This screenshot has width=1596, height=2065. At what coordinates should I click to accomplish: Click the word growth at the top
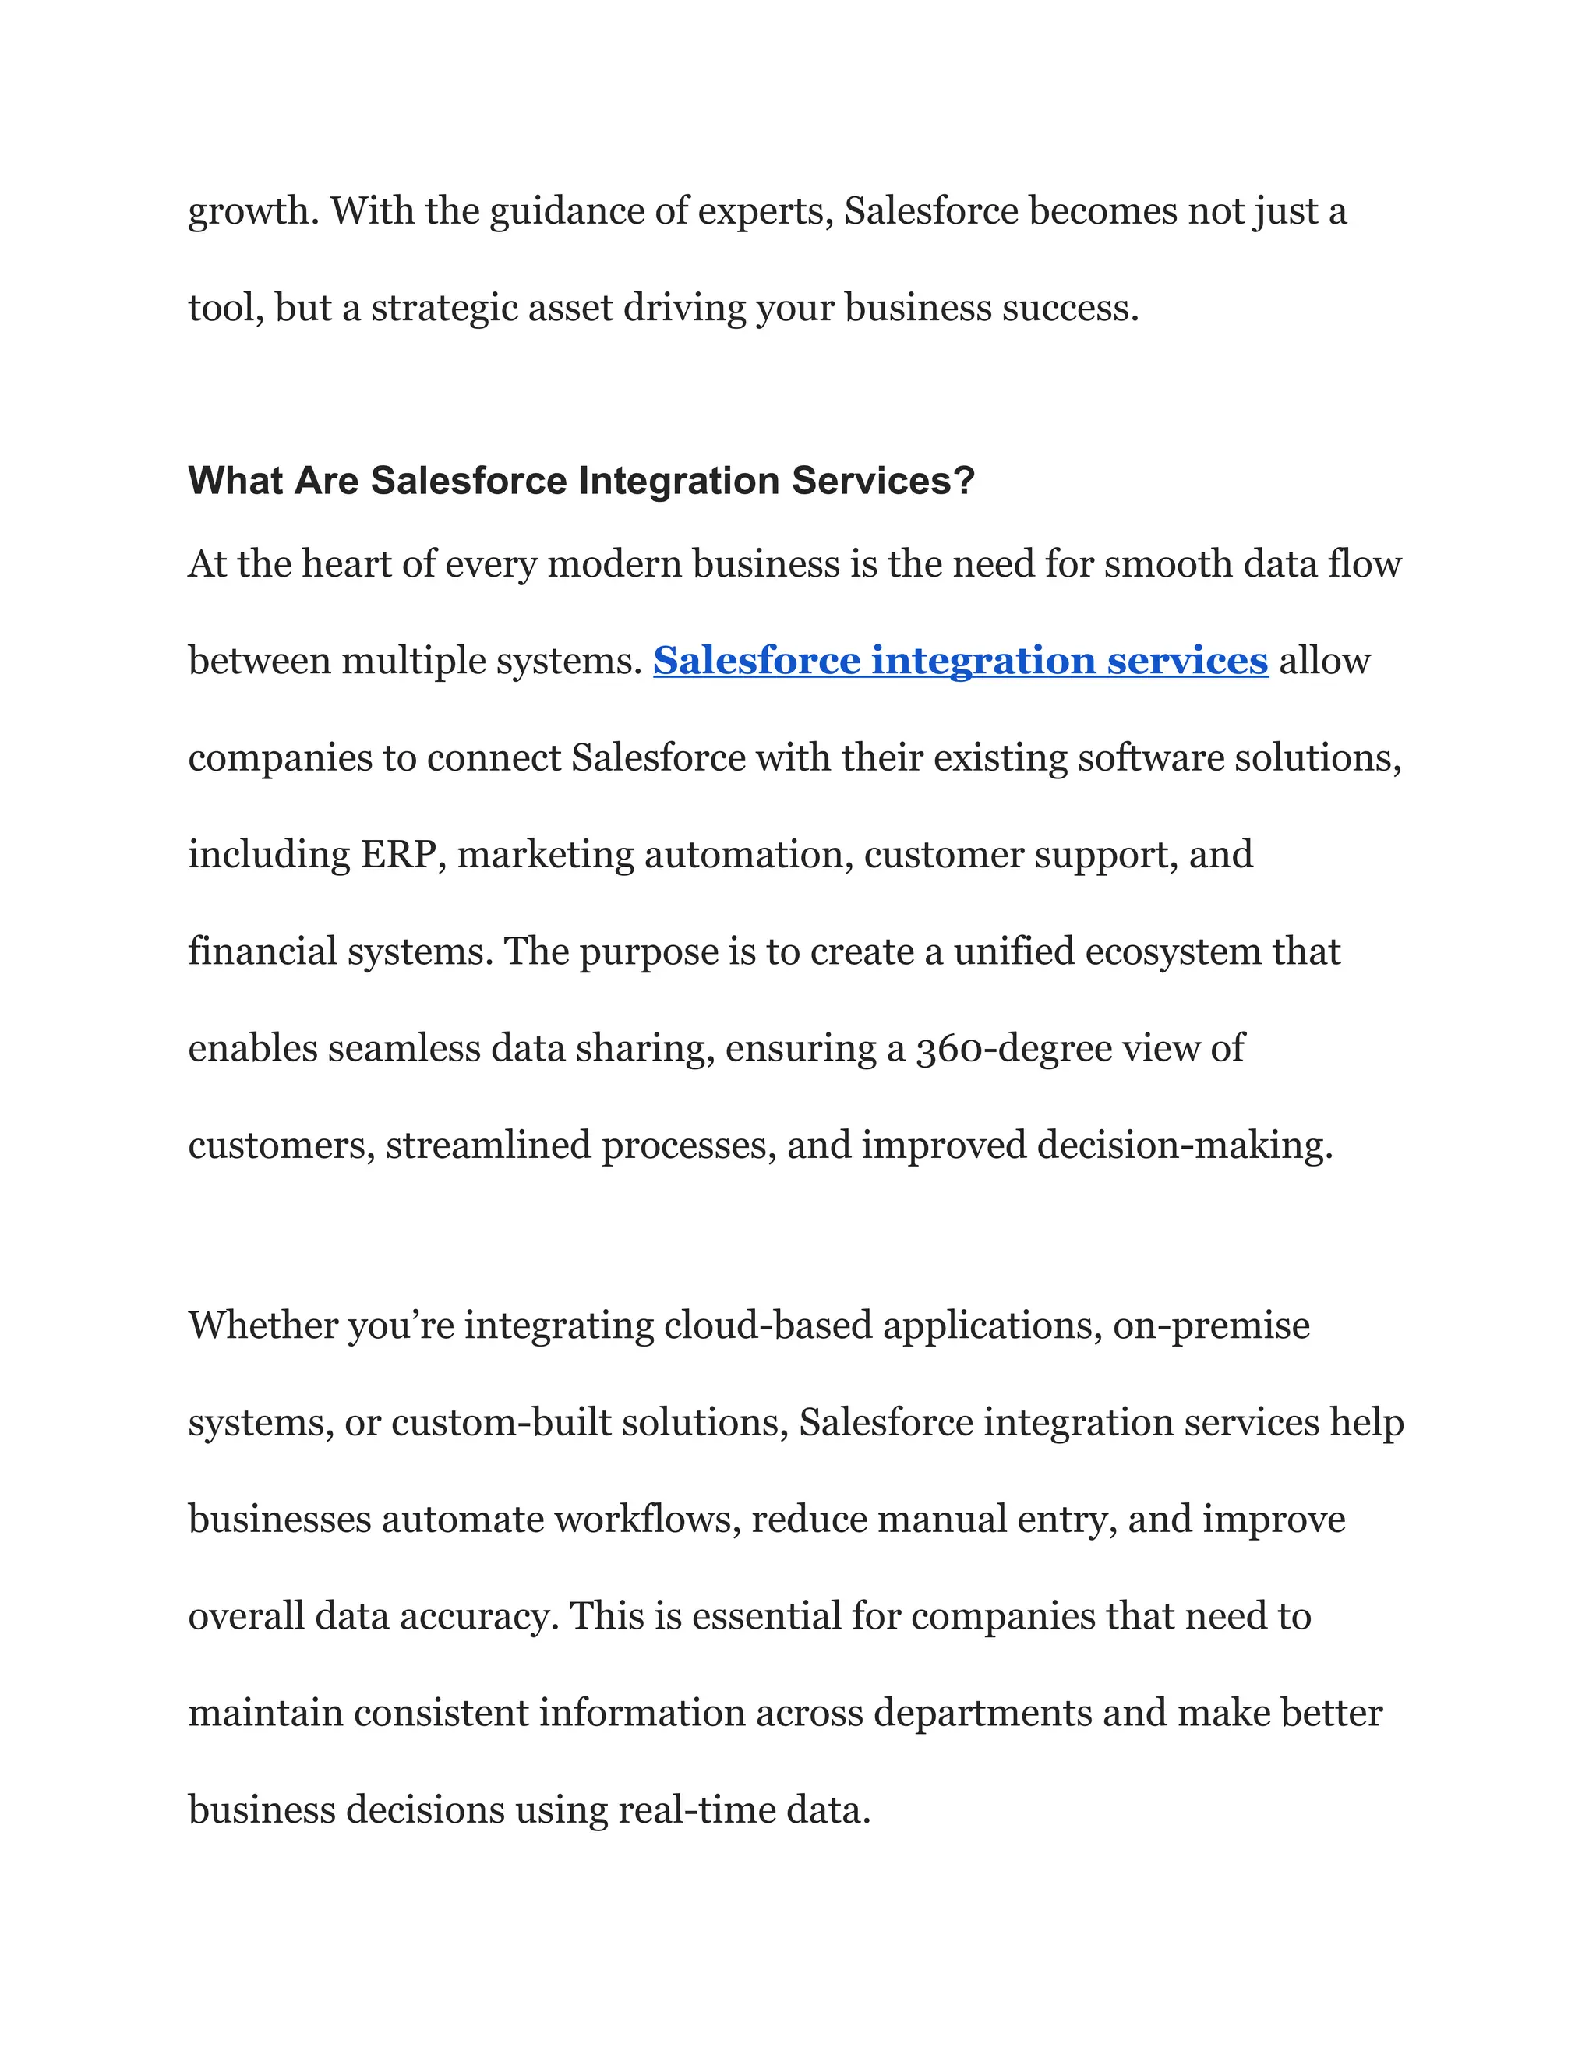(249, 212)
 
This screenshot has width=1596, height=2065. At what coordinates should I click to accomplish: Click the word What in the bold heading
(235, 482)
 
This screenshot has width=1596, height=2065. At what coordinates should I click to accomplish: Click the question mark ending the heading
(965, 482)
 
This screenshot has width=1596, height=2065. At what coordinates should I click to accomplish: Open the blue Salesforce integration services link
(959, 661)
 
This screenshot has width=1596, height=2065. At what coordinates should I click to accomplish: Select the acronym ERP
(398, 855)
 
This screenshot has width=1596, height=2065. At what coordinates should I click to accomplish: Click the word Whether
(262, 1325)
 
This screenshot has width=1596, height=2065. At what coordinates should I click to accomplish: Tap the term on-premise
(1211, 1325)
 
